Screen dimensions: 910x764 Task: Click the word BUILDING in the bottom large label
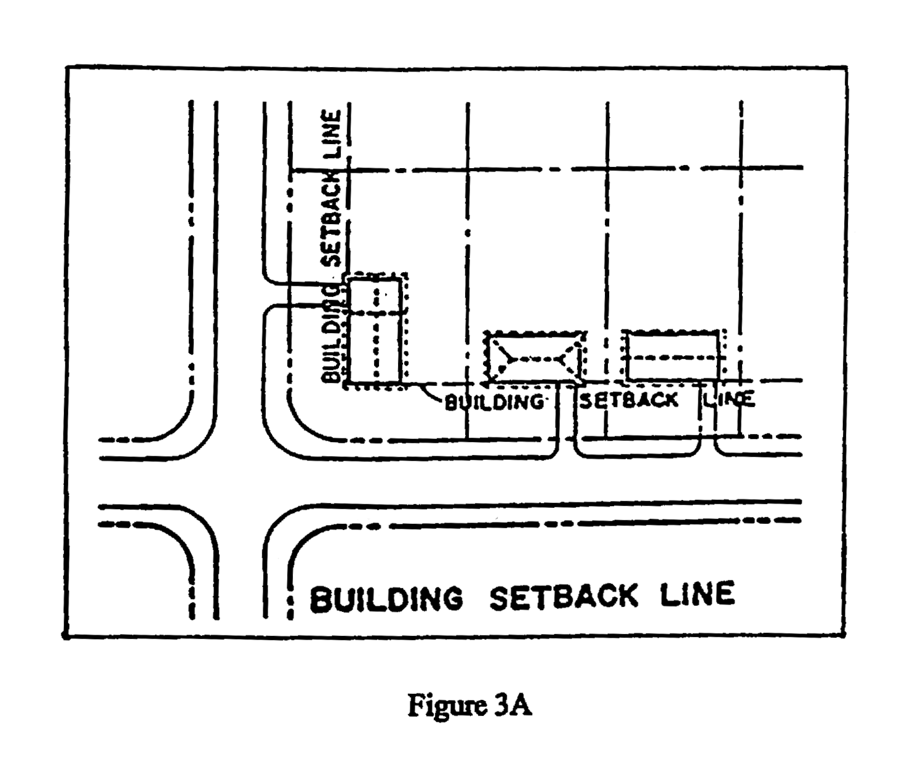coord(386,598)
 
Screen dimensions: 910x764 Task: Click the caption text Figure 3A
coord(469,705)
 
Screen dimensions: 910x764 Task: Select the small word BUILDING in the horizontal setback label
coord(494,401)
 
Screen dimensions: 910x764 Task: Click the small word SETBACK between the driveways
coord(628,400)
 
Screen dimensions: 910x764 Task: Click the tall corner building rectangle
coord(376,331)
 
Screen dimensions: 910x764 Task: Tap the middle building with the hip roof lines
coord(535,358)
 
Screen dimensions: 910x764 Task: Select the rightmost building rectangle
coord(673,356)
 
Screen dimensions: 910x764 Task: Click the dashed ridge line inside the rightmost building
coord(673,358)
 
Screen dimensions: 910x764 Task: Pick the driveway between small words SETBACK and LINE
coord(708,418)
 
